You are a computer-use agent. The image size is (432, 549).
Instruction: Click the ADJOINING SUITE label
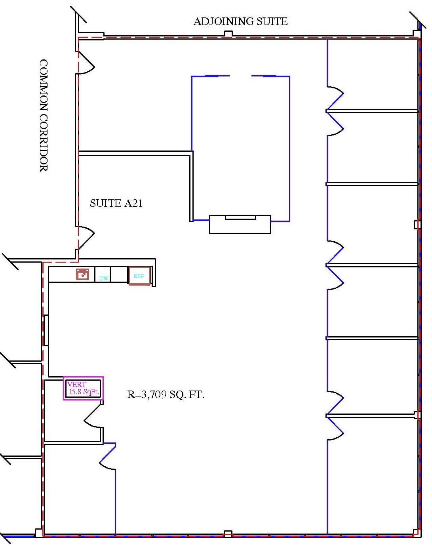click(x=240, y=21)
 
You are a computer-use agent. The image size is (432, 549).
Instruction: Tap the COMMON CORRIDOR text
click(x=44, y=116)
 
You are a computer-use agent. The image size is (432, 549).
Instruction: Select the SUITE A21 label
click(x=116, y=203)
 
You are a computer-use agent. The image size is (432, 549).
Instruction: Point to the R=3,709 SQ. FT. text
click(x=166, y=395)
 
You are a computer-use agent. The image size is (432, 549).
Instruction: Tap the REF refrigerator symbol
click(x=139, y=276)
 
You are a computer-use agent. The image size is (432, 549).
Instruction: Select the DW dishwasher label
click(x=103, y=278)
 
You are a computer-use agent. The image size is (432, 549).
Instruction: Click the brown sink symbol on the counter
click(x=83, y=274)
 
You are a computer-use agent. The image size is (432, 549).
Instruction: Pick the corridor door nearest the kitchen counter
click(x=86, y=238)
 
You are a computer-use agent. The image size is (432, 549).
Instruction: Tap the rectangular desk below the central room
click(x=240, y=224)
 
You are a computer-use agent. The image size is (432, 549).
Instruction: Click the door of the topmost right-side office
click(x=335, y=98)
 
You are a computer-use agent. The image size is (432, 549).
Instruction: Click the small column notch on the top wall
click(x=228, y=33)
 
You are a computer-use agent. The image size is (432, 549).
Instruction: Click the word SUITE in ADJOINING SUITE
click(x=272, y=21)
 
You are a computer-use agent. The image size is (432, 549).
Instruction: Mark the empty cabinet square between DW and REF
click(x=118, y=274)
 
